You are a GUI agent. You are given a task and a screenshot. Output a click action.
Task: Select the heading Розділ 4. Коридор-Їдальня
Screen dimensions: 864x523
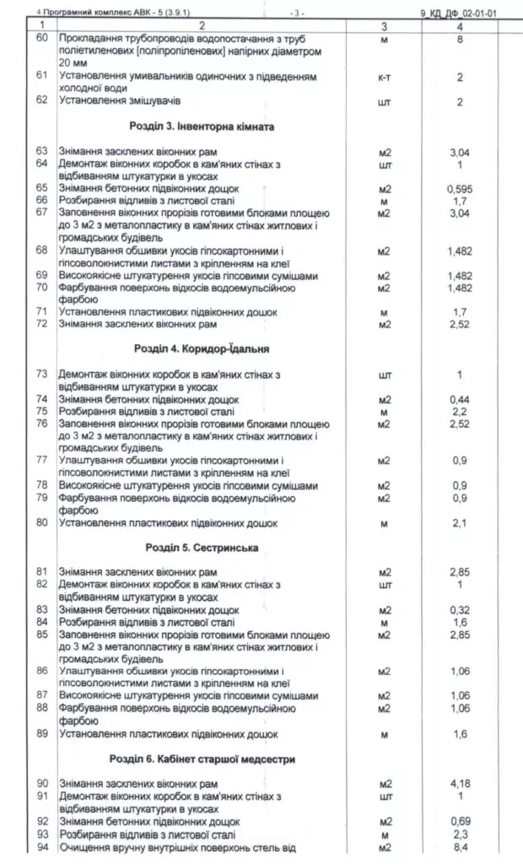tap(206, 348)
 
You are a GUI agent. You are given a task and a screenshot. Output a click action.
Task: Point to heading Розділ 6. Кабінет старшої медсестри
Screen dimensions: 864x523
tap(214, 759)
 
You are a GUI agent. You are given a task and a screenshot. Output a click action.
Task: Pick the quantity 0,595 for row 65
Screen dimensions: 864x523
tap(460, 189)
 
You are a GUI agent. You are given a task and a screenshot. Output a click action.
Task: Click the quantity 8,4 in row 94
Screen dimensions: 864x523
tap(460, 847)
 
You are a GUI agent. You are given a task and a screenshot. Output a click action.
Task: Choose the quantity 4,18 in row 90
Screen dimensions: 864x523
tap(460, 784)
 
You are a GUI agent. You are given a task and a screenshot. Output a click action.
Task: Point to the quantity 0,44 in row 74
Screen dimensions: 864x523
tap(460, 399)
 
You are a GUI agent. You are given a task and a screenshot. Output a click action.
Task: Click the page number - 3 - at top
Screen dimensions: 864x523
tap(296, 13)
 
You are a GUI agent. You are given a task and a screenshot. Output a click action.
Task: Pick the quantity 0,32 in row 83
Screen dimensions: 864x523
tap(460, 610)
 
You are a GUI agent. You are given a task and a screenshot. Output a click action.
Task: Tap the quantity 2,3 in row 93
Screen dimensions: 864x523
tap(460, 834)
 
